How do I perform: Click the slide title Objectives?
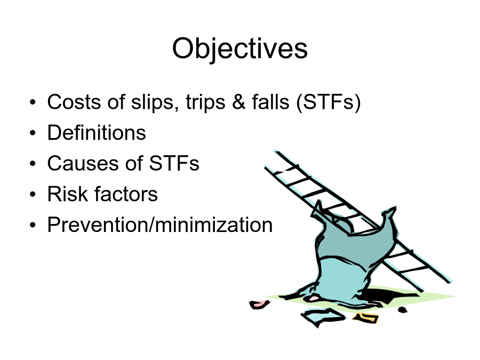click(x=239, y=49)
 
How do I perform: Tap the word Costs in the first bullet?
click(x=74, y=102)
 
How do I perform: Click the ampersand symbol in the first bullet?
click(x=239, y=102)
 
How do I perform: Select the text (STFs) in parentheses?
click(x=329, y=102)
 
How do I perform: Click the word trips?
click(x=205, y=103)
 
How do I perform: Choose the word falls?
click(x=270, y=102)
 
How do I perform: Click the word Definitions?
click(x=97, y=133)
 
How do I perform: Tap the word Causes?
click(x=82, y=163)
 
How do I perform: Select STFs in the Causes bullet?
click(x=174, y=163)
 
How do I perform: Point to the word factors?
click(x=126, y=194)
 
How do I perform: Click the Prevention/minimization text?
click(x=160, y=225)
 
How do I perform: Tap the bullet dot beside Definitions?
click(x=33, y=133)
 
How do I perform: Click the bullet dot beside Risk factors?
click(x=33, y=194)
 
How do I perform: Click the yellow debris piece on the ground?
click(x=365, y=318)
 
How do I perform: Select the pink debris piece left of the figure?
click(x=259, y=305)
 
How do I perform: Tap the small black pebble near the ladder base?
click(x=402, y=310)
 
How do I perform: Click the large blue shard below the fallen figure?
click(x=323, y=317)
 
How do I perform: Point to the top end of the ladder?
click(x=276, y=151)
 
